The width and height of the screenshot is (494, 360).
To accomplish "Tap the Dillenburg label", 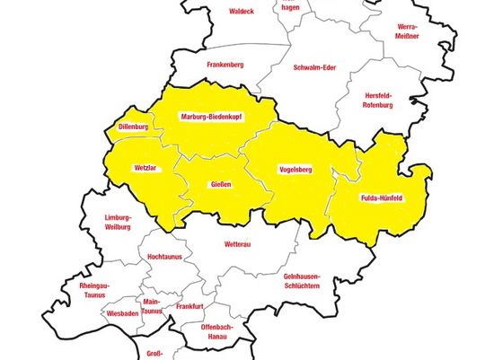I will point(134,127).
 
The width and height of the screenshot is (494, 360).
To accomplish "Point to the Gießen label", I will point(221,185).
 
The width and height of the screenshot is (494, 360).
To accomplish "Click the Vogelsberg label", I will point(295,169).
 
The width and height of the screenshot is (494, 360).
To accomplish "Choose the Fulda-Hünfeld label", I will point(380,197).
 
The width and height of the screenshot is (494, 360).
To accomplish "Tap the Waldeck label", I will point(242,12).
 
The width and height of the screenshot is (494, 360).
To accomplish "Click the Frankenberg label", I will point(225,65).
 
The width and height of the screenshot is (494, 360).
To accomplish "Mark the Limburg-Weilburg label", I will point(118,223).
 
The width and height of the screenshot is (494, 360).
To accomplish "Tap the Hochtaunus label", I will point(164,257).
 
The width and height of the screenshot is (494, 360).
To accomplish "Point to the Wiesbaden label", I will point(121,314).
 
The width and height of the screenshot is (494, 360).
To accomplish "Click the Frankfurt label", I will point(190,306).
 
